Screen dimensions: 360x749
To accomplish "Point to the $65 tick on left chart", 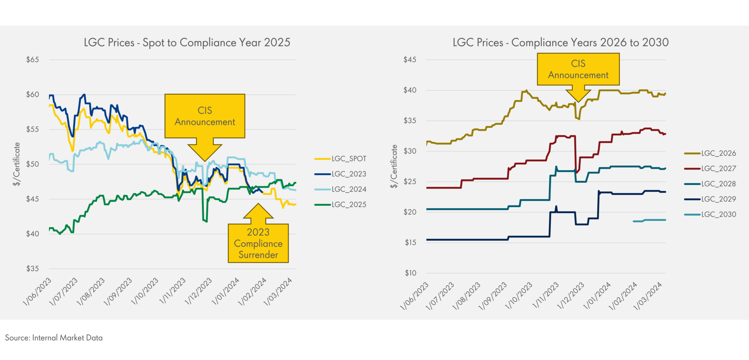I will coord(33,60).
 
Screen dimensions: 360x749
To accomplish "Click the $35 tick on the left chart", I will coord(33,269).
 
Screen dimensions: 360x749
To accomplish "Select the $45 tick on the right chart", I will coord(410,60).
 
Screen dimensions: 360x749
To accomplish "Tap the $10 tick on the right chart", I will coord(410,273).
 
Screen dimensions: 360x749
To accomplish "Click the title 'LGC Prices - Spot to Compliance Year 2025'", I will coord(187,43).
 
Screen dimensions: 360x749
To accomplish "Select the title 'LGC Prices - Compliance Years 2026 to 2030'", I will coord(560,43).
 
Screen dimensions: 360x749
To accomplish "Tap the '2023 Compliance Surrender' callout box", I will coord(258,243).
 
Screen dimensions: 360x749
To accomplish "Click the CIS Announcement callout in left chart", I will coord(205,116).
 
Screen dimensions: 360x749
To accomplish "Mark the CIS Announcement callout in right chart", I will coord(578,69).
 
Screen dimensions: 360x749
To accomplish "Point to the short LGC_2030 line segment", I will coord(649,220).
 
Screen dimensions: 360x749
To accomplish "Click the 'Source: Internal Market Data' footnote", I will coord(54,338).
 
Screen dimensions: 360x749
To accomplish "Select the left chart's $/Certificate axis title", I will coord(17,164).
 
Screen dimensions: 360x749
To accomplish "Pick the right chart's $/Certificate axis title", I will coord(394,166).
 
